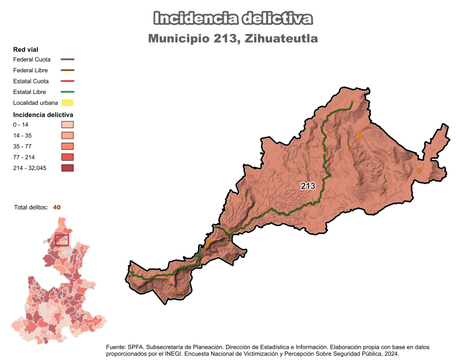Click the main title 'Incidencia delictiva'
click(x=233, y=18)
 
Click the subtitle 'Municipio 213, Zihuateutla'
click(x=233, y=38)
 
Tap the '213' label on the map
click(x=308, y=186)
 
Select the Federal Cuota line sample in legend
click(x=68, y=59)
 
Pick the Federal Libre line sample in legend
click(x=68, y=70)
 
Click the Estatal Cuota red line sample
click(x=68, y=81)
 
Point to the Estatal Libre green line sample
click(x=68, y=92)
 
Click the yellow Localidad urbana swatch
click(x=68, y=103)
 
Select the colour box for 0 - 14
click(x=68, y=125)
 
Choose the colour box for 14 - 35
click(x=68, y=136)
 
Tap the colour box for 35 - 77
click(x=68, y=146)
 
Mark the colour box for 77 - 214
click(x=68, y=157)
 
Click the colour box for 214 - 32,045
click(x=68, y=168)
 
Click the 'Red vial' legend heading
click(x=26, y=50)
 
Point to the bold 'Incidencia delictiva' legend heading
click(x=43, y=115)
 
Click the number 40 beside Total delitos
click(x=57, y=207)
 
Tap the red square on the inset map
click(x=62, y=239)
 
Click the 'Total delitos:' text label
click(x=31, y=207)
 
